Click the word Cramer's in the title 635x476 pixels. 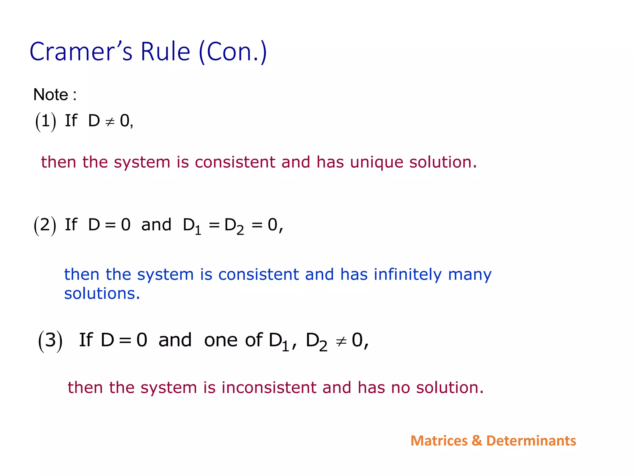pyautogui.click(x=81, y=52)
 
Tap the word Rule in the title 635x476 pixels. pyautogui.click(x=165, y=52)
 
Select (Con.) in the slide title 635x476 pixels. pyautogui.click(x=233, y=52)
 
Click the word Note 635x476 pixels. pyautogui.click(x=51, y=95)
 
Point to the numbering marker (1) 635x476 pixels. pyautogui.click(x=46, y=121)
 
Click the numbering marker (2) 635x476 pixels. pyautogui.click(x=45, y=225)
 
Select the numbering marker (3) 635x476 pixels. pyautogui.click(x=50, y=341)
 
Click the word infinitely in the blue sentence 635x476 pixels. pyautogui.click(x=407, y=275)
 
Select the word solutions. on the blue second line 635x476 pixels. pyautogui.click(x=102, y=293)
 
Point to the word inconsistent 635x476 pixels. pyautogui.click(x=269, y=388)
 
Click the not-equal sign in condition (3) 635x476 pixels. pyautogui.click(x=341, y=342)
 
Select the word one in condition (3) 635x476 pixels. pyautogui.click(x=221, y=341)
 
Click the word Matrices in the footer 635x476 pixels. pyautogui.click(x=439, y=441)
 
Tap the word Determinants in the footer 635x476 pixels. pyautogui.click(x=531, y=441)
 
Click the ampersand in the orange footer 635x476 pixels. pyautogui.click(x=477, y=441)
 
